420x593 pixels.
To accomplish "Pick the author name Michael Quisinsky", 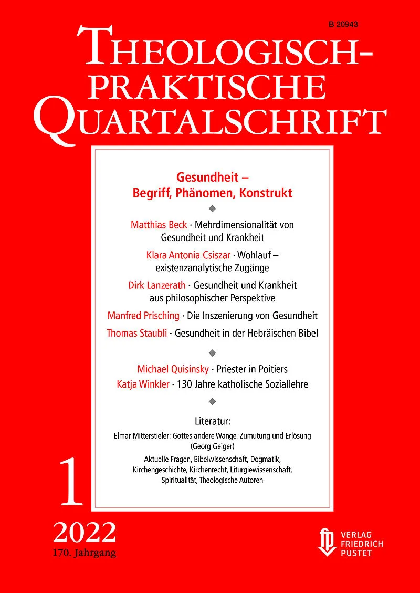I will pyautogui.click(x=173, y=368).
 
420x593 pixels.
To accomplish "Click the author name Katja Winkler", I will pyautogui.click(x=143, y=384).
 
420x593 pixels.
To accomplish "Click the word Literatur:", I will pyautogui.click(x=213, y=421).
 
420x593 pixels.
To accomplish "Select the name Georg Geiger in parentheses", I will pyautogui.click(x=213, y=446).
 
